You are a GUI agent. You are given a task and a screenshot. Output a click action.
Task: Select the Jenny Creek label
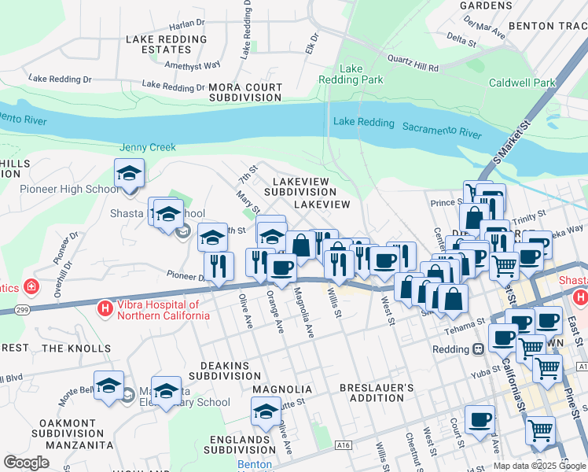pyautogui.click(x=148, y=147)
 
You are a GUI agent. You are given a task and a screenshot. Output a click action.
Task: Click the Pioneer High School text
pyautogui.click(x=69, y=189)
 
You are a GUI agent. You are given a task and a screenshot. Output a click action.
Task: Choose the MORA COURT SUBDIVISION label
pyautogui.click(x=245, y=93)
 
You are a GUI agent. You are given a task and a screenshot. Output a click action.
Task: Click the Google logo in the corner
pyautogui.click(x=26, y=462)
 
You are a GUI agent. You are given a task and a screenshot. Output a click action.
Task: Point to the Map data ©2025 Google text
pyautogui.click(x=539, y=466)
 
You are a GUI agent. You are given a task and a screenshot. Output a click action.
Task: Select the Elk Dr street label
pyautogui.click(x=314, y=40)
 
